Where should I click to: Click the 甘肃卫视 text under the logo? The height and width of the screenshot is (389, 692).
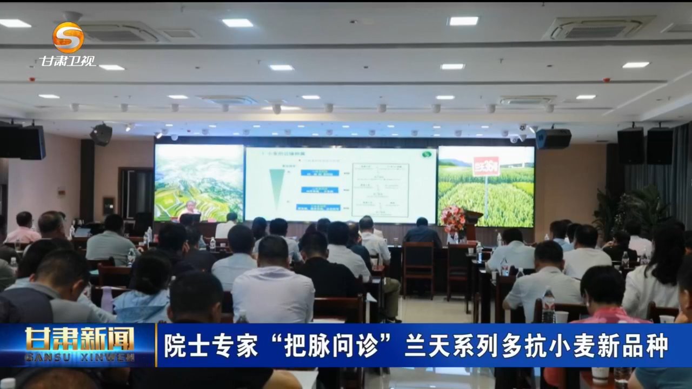68,61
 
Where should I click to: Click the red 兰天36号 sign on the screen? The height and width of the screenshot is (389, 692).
486,165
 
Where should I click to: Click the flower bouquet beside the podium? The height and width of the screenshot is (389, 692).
453,218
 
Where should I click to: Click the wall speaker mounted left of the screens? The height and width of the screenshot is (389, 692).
101,134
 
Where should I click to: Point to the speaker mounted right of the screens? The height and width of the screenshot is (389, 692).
553,138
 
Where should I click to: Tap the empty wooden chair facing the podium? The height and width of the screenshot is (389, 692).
418,267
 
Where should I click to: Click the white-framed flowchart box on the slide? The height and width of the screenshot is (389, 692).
380,190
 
